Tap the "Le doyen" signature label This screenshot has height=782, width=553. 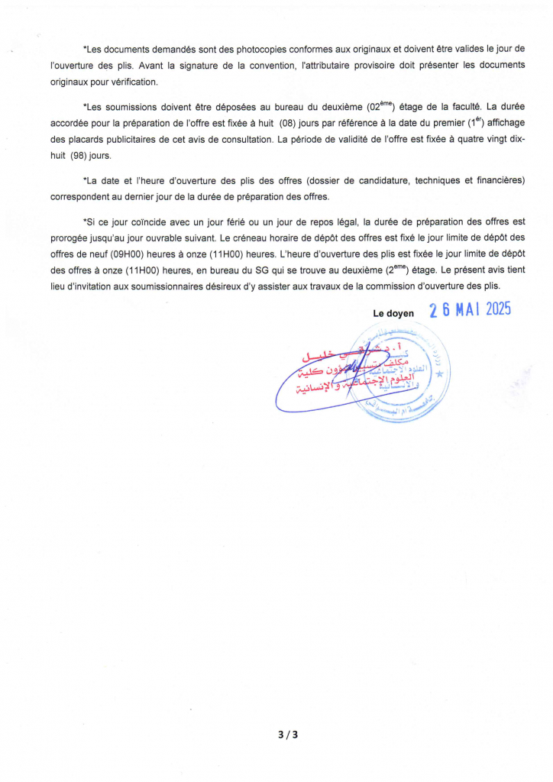tap(393, 313)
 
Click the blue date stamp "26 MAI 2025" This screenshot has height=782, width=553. tap(469, 309)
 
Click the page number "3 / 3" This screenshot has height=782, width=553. tap(287, 735)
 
